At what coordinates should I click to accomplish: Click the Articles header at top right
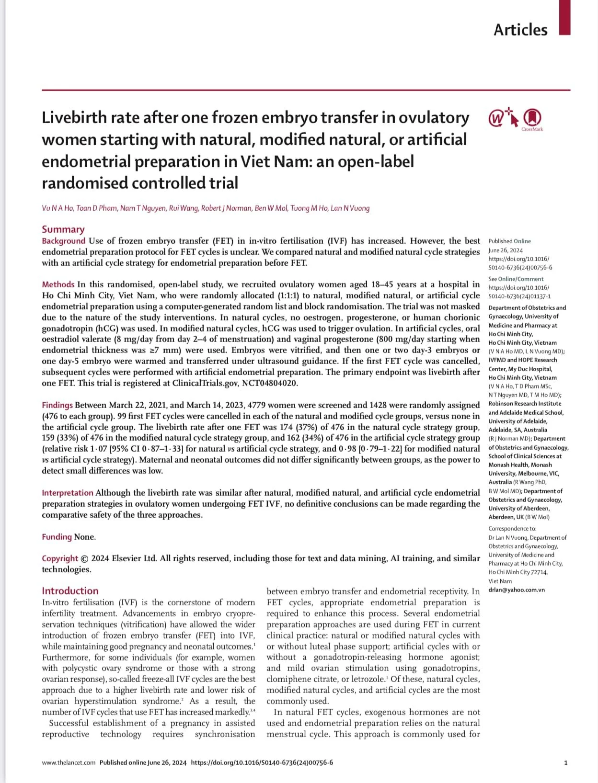520,30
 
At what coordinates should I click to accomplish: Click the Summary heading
63,229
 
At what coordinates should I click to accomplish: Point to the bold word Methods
58,284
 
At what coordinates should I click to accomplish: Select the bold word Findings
57,405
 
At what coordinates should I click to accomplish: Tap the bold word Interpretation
68,493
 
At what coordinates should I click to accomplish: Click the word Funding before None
57,537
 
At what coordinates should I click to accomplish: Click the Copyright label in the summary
59,558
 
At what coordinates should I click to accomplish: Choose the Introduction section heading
70,591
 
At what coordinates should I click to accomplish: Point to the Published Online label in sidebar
509,241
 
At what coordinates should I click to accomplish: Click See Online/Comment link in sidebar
516,279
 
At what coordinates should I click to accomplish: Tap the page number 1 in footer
566,762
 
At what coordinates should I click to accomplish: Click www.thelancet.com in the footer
69,762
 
